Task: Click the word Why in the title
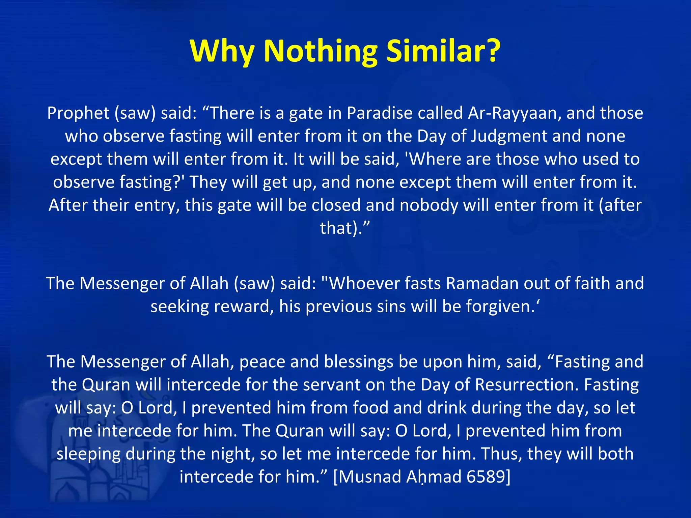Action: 221,51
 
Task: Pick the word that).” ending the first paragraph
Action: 345,228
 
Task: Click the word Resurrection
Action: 527,385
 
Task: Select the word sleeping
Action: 88,454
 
